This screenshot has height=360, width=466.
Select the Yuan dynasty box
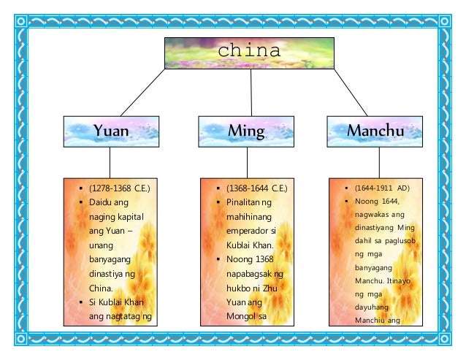[x=111, y=132]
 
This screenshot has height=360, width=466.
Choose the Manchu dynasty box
[x=375, y=132]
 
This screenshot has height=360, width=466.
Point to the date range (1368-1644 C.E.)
[x=256, y=189]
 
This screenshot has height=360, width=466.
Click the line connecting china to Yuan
[x=136, y=92]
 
